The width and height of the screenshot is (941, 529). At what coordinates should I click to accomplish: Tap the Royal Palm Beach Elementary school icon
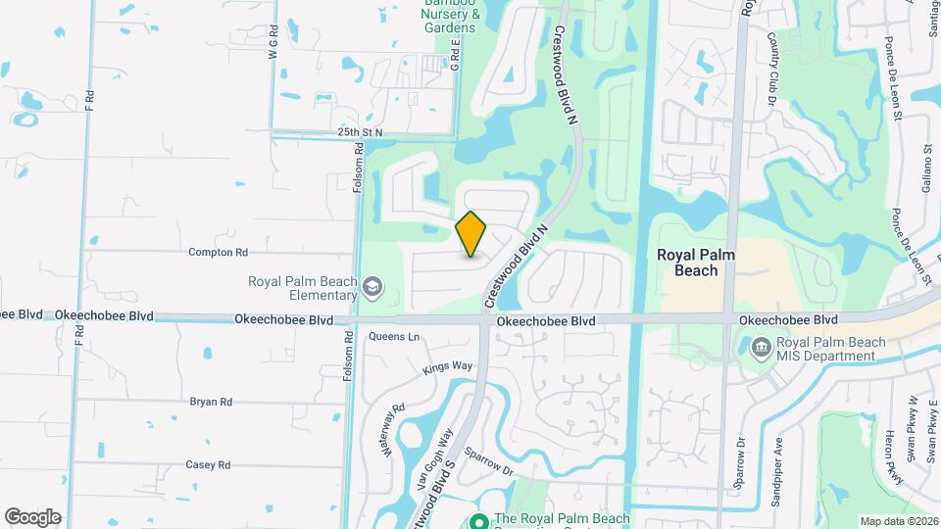click(371, 287)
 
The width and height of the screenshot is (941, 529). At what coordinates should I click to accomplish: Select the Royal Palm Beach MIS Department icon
click(761, 348)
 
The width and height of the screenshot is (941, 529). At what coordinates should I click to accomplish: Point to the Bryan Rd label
click(211, 402)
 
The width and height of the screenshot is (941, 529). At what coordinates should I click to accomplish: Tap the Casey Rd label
click(208, 465)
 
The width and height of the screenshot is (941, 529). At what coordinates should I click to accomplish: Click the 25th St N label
click(359, 131)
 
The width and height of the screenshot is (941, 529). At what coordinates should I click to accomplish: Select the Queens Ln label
click(394, 337)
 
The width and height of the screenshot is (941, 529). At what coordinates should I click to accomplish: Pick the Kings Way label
click(447, 367)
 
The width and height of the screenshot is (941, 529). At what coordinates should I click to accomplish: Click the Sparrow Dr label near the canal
click(489, 461)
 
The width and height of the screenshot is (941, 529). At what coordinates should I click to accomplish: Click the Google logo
click(32, 516)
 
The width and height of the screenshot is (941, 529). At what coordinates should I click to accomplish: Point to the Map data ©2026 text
click(898, 521)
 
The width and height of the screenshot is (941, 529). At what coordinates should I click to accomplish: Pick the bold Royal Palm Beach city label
click(697, 263)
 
